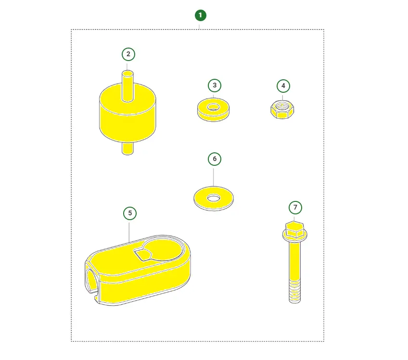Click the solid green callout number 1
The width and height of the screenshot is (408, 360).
click(200, 15)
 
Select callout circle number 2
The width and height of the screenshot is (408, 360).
click(128, 54)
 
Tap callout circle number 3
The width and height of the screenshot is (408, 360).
click(215, 85)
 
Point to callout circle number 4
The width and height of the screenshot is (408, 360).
click(283, 86)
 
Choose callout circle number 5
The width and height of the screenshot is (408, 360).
click(130, 213)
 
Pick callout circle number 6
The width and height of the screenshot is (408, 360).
click(215, 159)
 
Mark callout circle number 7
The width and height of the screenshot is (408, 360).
click(295, 208)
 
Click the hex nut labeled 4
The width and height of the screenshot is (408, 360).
click(282, 110)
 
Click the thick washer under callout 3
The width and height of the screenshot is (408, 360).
click(213, 110)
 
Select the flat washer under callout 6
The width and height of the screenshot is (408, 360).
click(214, 199)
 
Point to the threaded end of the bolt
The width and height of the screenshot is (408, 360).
click(295, 291)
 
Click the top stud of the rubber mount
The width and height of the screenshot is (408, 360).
click(127, 86)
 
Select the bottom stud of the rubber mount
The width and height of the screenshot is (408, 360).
click(127, 149)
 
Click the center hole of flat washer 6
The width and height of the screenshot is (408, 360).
click(214, 199)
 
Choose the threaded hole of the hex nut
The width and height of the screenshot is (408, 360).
click(282, 106)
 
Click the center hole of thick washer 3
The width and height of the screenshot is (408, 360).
click(213, 107)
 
